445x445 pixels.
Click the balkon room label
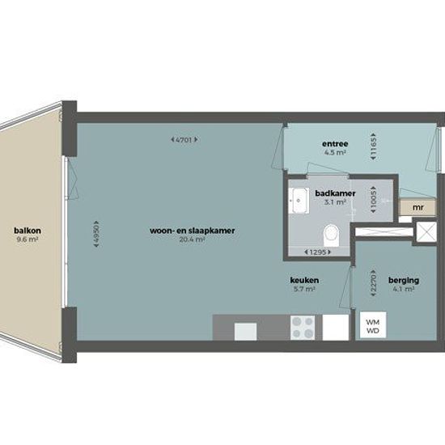[x=28, y=231]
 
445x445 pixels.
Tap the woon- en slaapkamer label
[x=192, y=231]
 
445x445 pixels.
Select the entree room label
[x=335, y=143]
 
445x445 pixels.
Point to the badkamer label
[x=335, y=193]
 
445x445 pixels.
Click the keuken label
[x=304, y=280]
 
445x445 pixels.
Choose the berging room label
[x=404, y=280]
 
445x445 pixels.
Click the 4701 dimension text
[x=184, y=140]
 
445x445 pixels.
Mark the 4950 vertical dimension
[x=96, y=234]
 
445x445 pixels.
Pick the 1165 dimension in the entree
[x=373, y=146]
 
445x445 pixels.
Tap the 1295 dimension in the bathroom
[x=317, y=252]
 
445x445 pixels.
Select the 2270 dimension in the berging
[x=373, y=283]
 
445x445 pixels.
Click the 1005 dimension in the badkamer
[x=373, y=200]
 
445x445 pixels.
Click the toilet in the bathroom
[x=331, y=235]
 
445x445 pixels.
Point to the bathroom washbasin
[x=299, y=200]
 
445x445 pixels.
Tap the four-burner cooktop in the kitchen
[x=303, y=328]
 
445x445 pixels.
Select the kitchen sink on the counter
[x=245, y=332]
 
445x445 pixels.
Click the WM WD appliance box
[x=373, y=325]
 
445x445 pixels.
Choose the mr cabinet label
[x=418, y=207]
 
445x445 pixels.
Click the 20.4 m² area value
[x=192, y=239]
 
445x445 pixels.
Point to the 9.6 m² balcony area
[x=28, y=239]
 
